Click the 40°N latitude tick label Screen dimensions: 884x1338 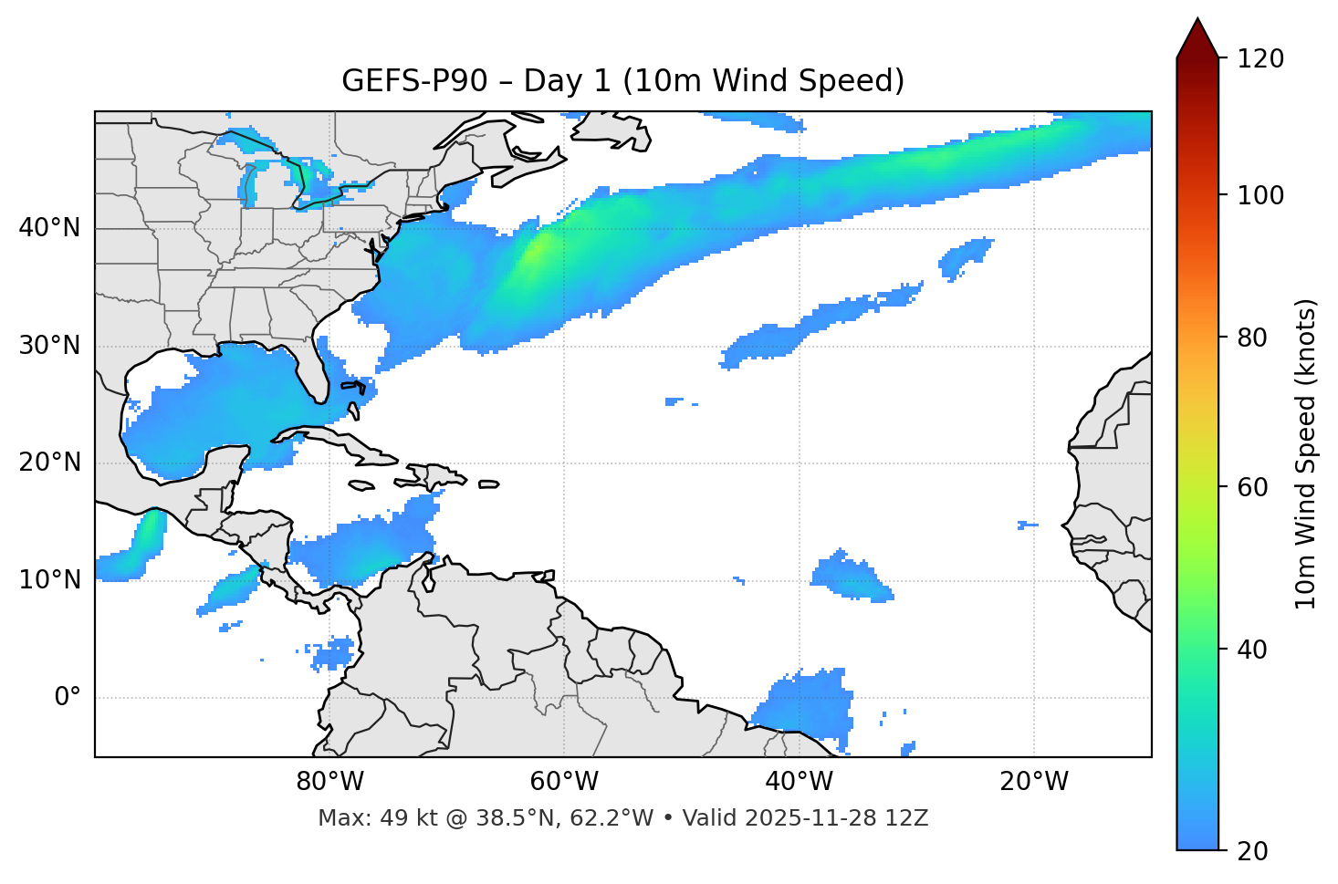click(x=49, y=228)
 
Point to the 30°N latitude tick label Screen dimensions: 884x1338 click(x=49, y=346)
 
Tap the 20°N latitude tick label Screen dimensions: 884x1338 click(x=49, y=463)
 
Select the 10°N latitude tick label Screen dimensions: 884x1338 click(x=49, y=580)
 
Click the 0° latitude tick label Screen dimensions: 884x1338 click(x=68, y=697)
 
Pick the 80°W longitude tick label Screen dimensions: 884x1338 click(x=329, y=782)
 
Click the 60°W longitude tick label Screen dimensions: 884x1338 click(x=564, y=782)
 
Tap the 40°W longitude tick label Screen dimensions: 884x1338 click(x=799, y=782)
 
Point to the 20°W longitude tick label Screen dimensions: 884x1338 click(x=1034, y=782)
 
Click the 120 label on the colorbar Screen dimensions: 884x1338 click(x=1260, y=58)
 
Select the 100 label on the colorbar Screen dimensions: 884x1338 click(x=1260, y=195)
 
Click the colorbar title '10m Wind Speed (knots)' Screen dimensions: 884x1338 click(x=1306, y=453)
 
